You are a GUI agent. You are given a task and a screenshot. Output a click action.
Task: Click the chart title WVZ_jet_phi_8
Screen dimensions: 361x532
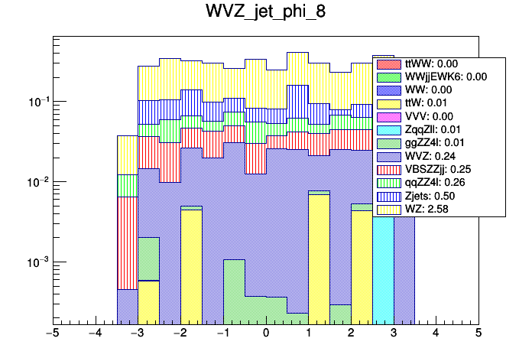pos(265,13)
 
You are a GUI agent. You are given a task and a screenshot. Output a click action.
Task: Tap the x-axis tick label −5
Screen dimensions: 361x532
pos(52,333)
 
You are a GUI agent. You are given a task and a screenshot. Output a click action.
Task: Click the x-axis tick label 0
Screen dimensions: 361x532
pos(266,333)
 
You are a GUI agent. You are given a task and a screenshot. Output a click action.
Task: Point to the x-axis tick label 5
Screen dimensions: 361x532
pos(478,333)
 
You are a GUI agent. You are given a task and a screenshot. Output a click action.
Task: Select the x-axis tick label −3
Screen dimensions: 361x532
pos(138,333)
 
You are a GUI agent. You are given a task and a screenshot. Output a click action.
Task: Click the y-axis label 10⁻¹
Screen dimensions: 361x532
pos(37,102)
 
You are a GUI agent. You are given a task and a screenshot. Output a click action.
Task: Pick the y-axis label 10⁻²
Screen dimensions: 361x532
pos(37,182)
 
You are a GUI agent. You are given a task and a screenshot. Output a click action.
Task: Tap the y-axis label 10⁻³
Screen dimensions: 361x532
pos(37,262)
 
